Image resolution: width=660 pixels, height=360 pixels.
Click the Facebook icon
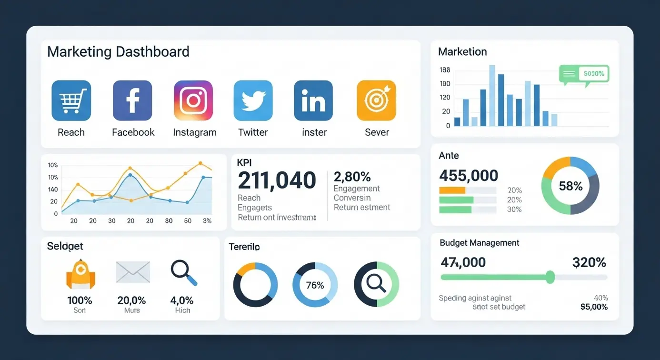click(x=132, y=100)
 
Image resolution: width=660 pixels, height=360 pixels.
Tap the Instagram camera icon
click(x=193, y=100)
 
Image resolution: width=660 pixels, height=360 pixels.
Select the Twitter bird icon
click(x=253, y=100)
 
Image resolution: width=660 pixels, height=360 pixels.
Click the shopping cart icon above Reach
click(x=71, y=100)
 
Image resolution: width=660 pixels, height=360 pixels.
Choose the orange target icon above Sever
click(x=376, y=100)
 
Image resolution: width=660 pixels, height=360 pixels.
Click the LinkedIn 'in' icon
click(x=313, y=100)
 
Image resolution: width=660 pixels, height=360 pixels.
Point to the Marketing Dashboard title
click(x=118, y=51)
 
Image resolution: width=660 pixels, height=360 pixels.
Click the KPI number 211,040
click(x=277, y=180)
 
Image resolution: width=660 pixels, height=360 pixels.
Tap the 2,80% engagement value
click(x=352, y=177)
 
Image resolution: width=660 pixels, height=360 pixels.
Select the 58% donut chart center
click(x=570, y=186)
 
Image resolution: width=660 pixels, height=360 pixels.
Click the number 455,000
click(x=469, y=176)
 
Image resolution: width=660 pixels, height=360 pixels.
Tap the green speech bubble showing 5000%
click(x=584, y=74)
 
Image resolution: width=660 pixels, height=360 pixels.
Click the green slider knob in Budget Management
click(x=550, y=277)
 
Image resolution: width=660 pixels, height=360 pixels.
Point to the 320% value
click(x=589, y=262)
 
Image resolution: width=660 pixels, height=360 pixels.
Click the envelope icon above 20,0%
click(x=133, y=272)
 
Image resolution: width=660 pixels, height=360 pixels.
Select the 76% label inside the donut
click(x=315, y=285)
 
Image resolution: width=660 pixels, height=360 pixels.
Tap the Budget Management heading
click(x=479, y=243)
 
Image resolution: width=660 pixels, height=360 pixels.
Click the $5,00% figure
click(x=594, y=307)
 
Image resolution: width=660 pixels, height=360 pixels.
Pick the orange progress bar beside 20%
click(x=452, y=190)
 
